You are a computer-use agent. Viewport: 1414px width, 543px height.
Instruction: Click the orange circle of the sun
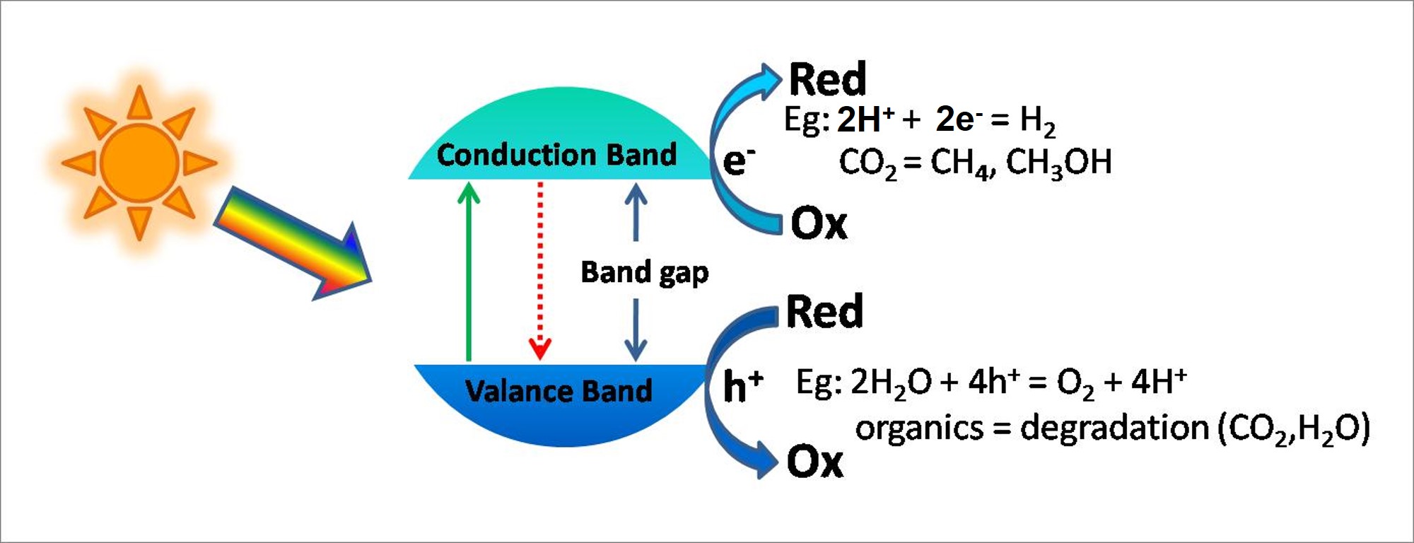(x=139, y=163)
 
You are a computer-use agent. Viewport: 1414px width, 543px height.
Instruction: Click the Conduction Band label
(x=556, y=155)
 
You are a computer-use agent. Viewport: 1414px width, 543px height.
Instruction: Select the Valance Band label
(x=559, y=391)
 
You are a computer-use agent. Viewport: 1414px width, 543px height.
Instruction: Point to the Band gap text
(x=644, y=273)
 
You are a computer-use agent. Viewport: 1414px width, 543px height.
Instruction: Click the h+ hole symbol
(x=743, y=386)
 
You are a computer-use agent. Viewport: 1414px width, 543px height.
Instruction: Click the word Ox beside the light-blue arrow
(x=819, y=223)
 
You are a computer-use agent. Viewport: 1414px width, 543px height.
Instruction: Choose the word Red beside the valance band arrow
(x=824, y=311)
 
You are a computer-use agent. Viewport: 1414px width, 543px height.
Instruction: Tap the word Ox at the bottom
(x=815, y=462)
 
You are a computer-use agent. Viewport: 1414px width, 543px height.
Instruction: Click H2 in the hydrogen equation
(x=1037, y=121)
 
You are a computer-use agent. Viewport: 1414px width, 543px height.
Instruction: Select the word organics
(x=919, y=428)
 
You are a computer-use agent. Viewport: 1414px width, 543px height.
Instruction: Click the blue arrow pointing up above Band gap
(x=636, y=212)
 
